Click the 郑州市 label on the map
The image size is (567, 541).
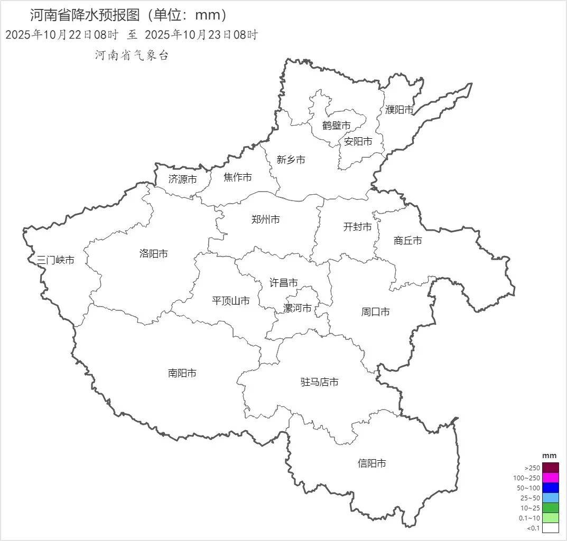coord(266,220)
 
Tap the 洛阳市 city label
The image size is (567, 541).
coord(154,253)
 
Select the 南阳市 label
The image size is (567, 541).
coord(182,373)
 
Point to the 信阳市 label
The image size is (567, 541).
coord(372,463)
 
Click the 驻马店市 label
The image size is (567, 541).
coord(320,382)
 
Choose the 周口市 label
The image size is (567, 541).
coord(376,312)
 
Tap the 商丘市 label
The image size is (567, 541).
coord(408,241)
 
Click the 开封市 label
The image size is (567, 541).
coord(358,227)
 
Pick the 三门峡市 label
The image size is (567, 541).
coord(55,260)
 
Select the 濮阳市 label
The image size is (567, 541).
coord(399,110)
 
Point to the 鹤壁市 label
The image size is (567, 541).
coord(337,126)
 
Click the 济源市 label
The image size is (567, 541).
coord(183,179)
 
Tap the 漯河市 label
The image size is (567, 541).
coord(298,308)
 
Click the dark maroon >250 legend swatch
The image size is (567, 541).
coord(551,468)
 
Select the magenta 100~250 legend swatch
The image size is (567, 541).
coord(551,478)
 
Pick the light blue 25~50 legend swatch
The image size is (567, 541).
coord(551,498)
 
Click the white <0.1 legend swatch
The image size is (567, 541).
coord(551,528)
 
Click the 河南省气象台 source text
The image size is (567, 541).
coord(132,55)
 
